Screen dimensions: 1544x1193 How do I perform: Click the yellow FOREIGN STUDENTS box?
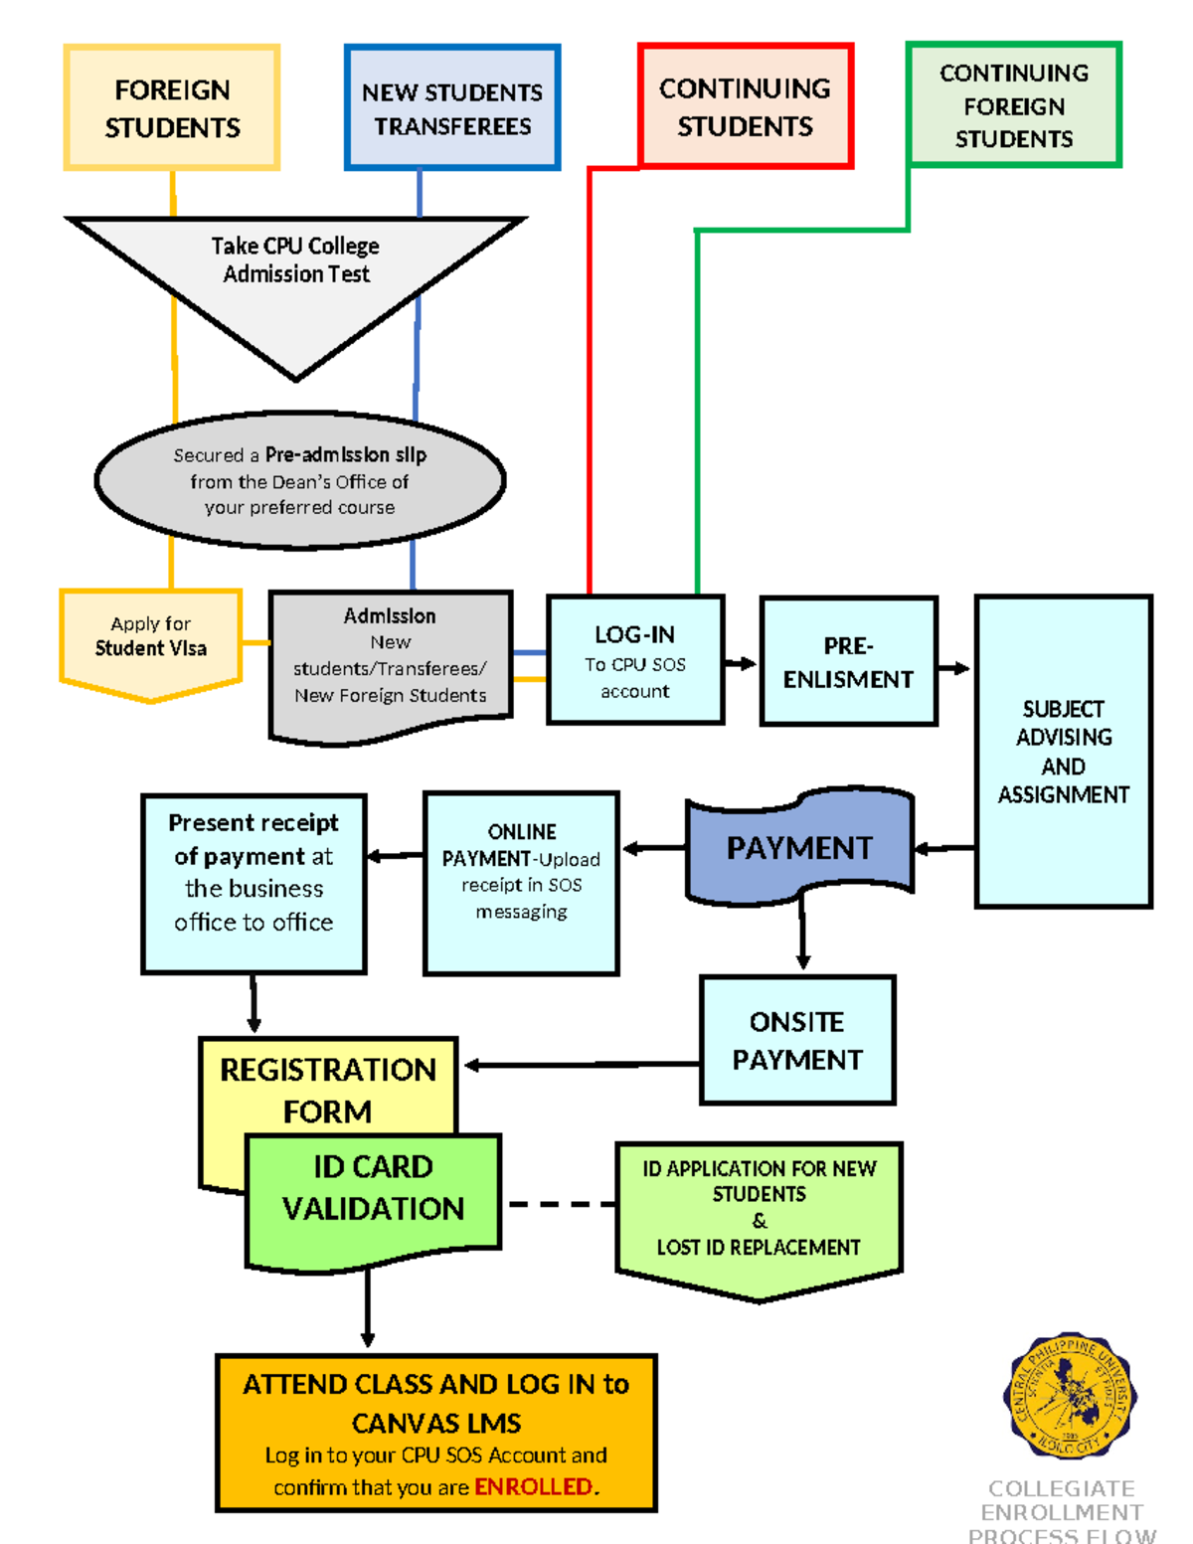point(172,107)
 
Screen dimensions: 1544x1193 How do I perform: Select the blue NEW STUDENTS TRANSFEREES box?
point(452,107)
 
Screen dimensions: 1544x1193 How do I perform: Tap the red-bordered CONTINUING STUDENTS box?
point(746,105)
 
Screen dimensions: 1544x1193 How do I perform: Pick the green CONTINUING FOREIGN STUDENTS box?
point(1014,104)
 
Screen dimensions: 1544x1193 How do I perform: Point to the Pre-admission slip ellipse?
point(299,481)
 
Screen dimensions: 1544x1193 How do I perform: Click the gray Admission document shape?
point(391,661)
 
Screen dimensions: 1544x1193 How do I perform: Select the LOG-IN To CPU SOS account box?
point(635,660)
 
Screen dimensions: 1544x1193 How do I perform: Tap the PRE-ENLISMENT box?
point(848,661)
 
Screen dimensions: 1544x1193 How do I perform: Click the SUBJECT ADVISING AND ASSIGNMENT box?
point(1064,751)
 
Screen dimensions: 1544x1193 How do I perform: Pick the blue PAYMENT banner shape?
point(799,847)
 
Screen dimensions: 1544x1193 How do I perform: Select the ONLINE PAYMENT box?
point(521,882)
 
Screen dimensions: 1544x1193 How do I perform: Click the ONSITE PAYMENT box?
point(797,1040)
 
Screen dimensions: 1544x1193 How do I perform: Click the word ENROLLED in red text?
point(534,1486)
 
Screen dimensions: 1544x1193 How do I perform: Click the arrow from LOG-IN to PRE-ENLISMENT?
point(741,663)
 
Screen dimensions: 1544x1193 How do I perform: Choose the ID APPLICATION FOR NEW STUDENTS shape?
point(759,1213)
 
